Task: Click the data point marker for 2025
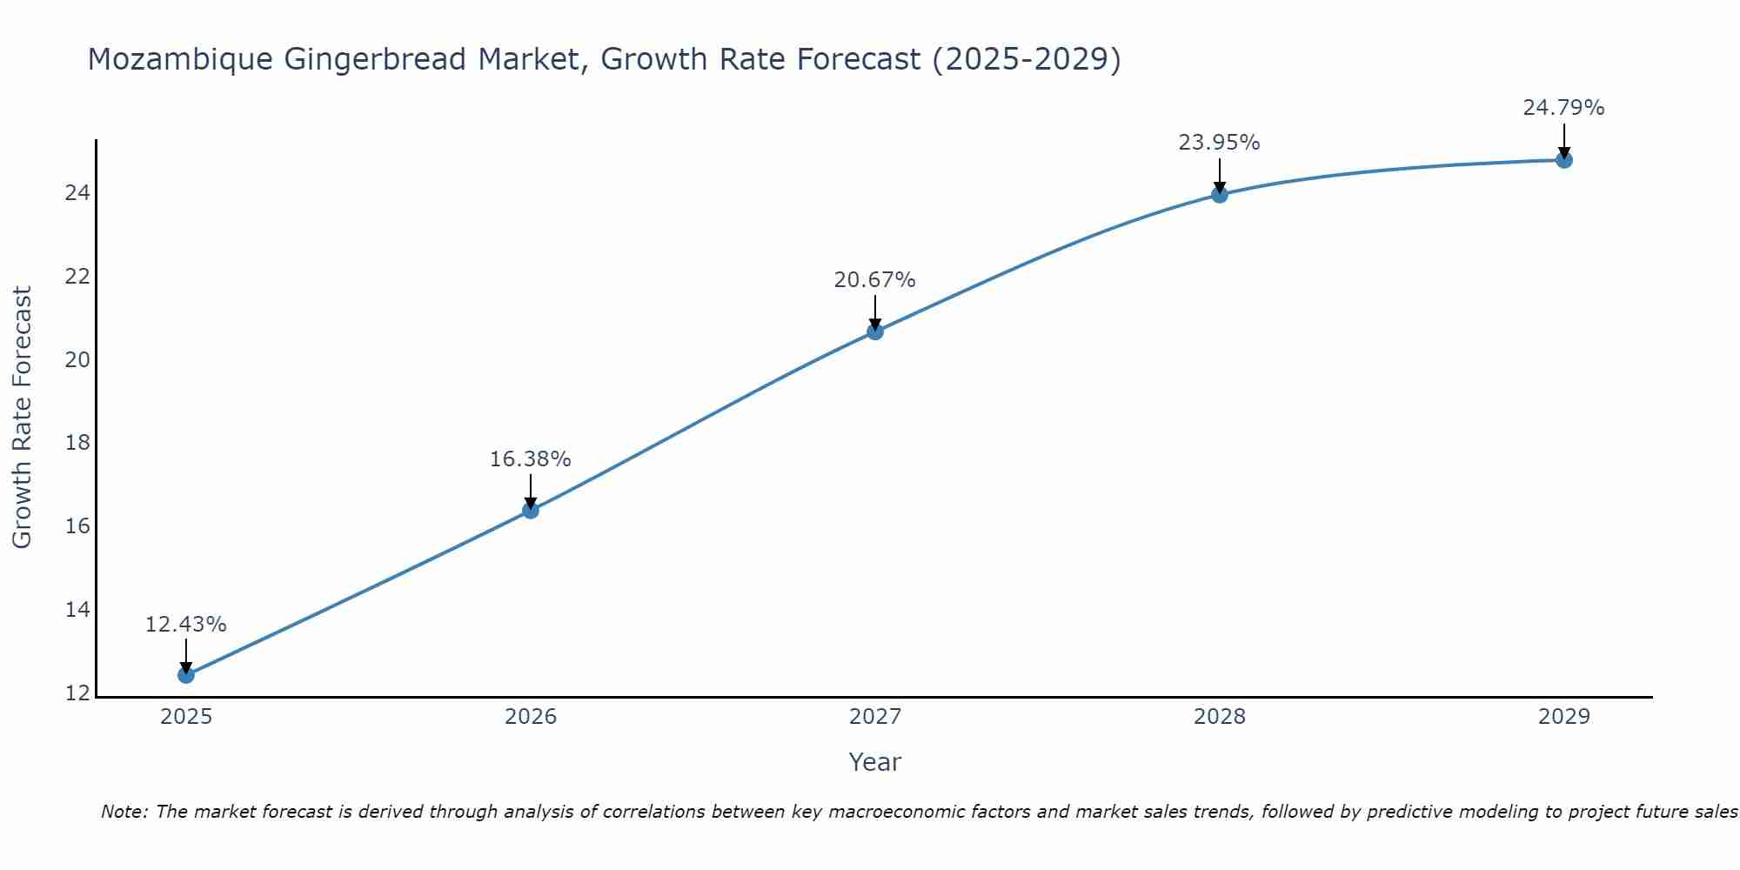[x=185, y=674]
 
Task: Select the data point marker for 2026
[x=531, y=510]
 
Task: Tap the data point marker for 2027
[x=875, y=331]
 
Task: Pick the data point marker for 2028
[x=1220, y=195]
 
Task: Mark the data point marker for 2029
[x=1564, y=160]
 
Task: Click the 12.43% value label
[x=185, y=625]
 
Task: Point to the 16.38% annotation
[x=530, y=459]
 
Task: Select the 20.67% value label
[x=874, y=280]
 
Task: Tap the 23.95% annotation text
[x=1219, y=143]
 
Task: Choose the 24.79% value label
[x=1563, y=108]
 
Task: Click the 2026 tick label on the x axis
[x=531, y=717]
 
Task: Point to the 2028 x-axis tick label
[x=1220, y=717]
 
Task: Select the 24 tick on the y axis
[x=77, y=193]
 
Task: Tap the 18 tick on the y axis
[x=77, y=443]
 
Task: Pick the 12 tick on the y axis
[x=77, y=693]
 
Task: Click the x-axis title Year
[x=874, y=762]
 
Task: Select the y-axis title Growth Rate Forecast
[x=22, y=418]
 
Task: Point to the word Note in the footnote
[x=124, y=812]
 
